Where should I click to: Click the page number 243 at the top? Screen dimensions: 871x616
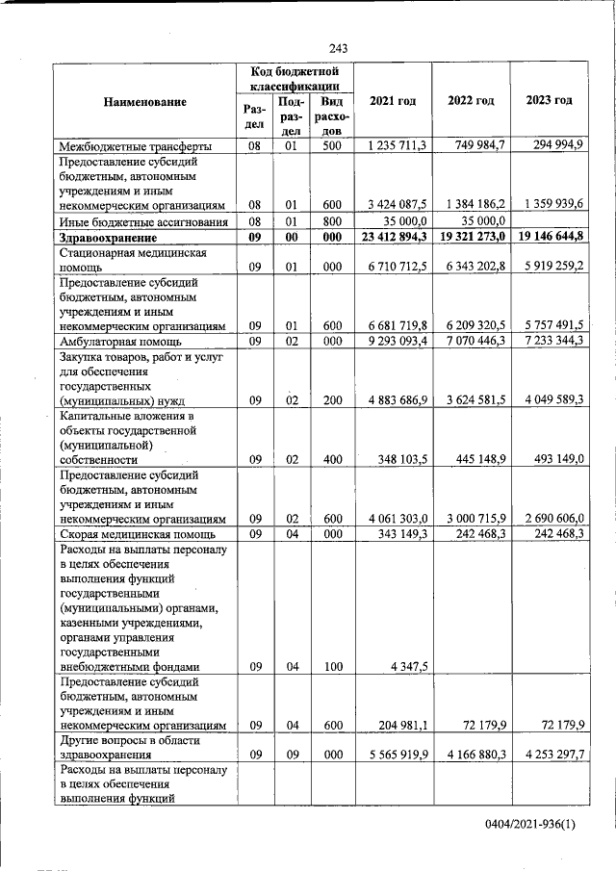[337, 48]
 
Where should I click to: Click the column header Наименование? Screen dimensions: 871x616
[144, 102]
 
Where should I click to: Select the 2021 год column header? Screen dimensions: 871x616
[393, 101]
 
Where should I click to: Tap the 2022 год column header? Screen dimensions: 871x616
[471, 101]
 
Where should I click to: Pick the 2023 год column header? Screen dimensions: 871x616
[549, 101]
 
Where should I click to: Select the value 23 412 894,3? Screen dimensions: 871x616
[394, 237]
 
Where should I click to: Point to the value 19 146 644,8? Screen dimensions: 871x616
[550, 237]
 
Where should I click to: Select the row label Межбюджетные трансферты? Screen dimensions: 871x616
[136, 146]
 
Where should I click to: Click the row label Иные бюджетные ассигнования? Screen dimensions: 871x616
[142, 220]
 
